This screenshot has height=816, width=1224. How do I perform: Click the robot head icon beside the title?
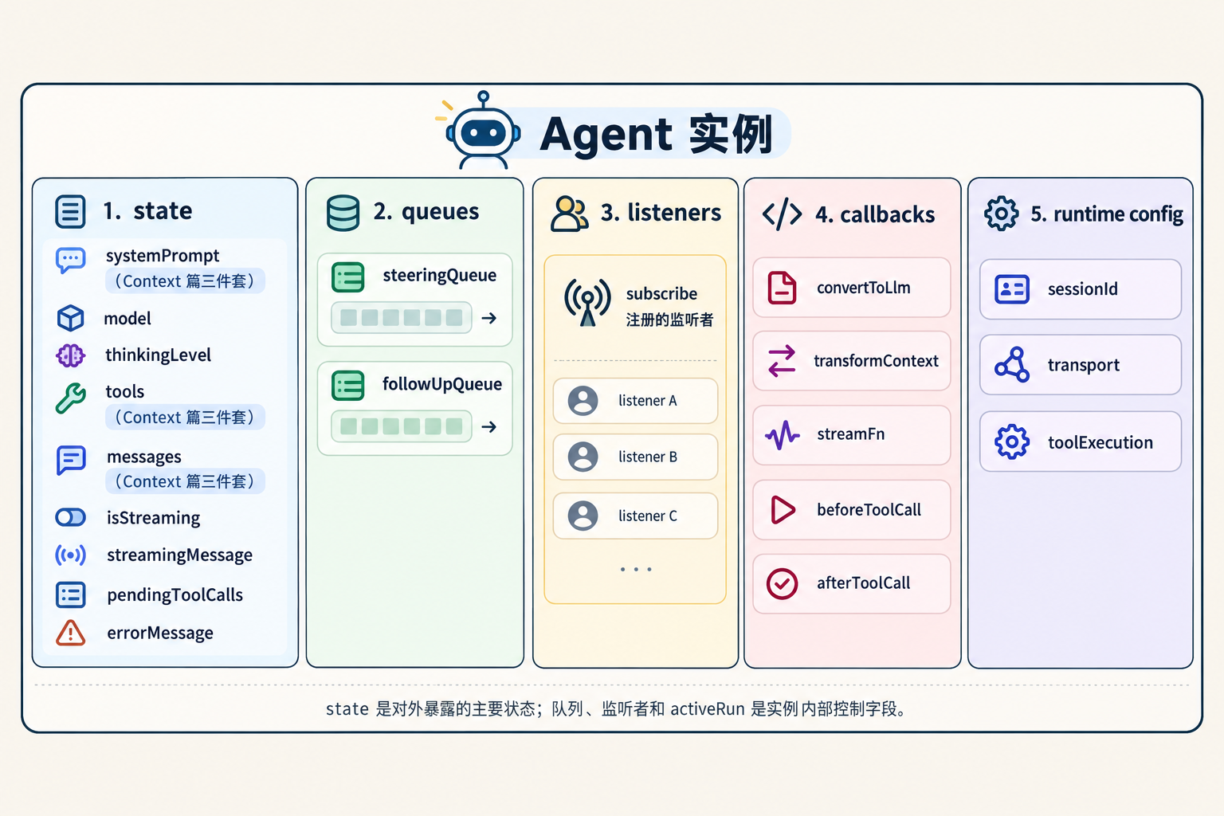click(483, 131)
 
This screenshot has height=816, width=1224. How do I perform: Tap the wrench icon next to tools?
click(70, 398)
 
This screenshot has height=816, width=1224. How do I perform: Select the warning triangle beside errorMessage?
click(70, 633)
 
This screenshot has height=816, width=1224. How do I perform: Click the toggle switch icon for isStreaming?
click(70, 517)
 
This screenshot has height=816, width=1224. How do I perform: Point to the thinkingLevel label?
click(158, 355)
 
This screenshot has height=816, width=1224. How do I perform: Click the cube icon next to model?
click(70, 317)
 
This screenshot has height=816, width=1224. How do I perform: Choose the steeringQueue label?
click(439, 275)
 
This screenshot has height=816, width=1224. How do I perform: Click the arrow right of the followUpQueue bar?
click(489, 426)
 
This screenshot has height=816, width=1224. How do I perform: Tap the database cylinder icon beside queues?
click(343, 213)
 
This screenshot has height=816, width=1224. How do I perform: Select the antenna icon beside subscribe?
click(587, 302)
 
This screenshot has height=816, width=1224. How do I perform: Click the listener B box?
click(635, 457)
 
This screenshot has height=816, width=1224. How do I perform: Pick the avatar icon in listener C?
click(583, 516)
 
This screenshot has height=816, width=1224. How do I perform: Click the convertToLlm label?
click(863, 288)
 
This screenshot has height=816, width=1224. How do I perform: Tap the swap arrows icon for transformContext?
click(782, 361)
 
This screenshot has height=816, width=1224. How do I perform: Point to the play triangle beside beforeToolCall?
click(783, 510)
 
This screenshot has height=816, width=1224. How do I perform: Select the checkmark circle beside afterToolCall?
click(782, 584)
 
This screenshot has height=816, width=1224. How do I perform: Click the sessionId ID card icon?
click(1012, 289)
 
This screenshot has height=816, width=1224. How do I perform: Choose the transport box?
click(1081, 364)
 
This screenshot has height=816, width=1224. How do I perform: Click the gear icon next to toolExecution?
click(1012, 441)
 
